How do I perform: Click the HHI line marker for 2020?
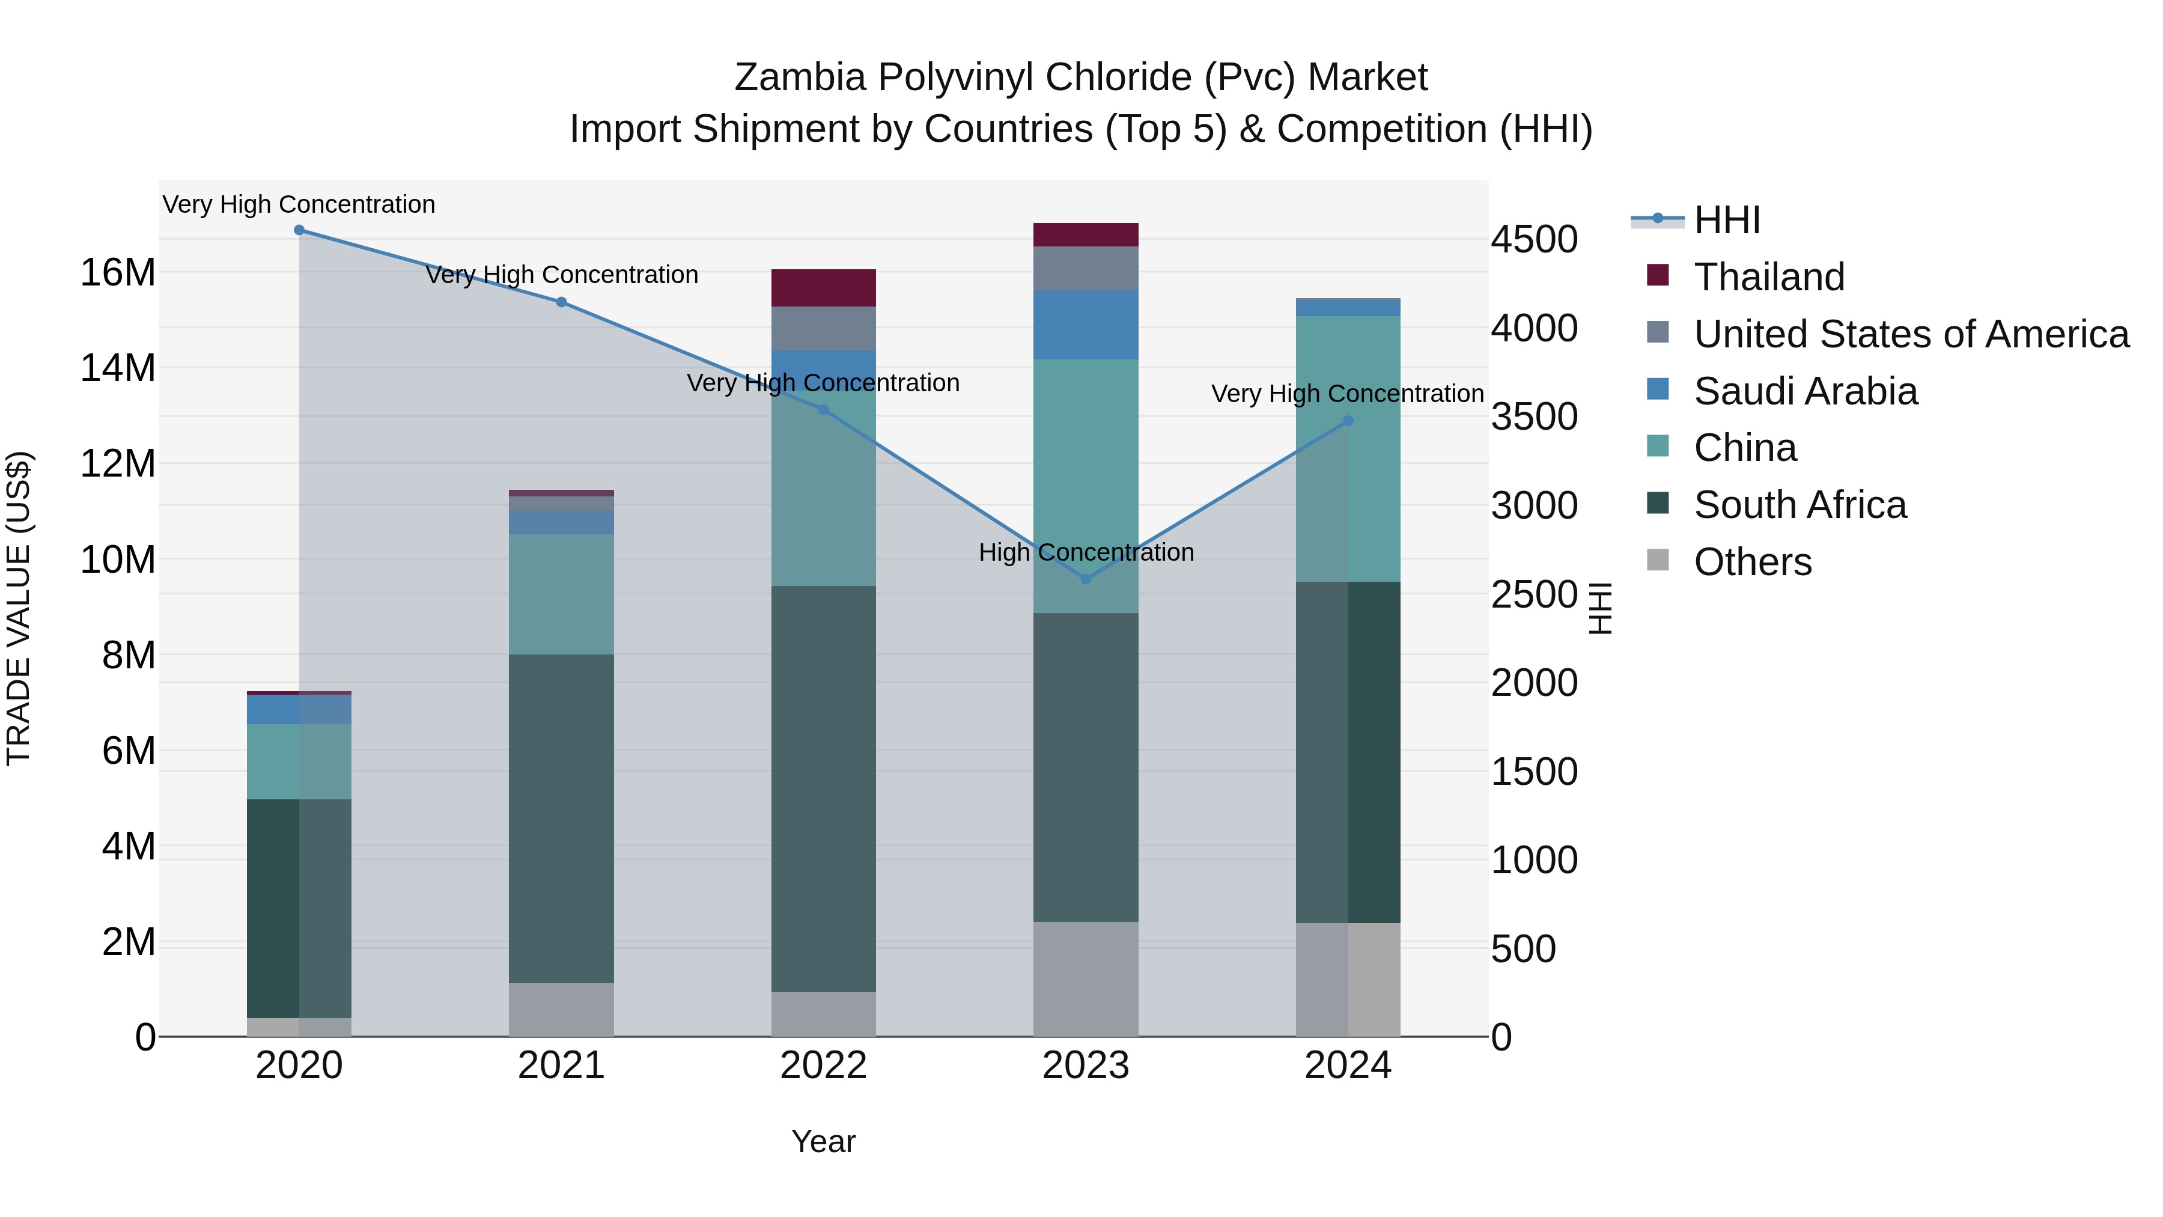click(299, 230)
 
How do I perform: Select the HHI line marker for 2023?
click(1086, 579)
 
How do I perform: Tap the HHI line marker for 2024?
click(1348, 421)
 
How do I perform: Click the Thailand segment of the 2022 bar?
click(823, 288)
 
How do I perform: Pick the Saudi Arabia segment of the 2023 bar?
click(1086, 325)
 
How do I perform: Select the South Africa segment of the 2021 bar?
click(561, 819)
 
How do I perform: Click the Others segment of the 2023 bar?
click(1086, 980)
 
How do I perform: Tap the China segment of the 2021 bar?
click(561, 594)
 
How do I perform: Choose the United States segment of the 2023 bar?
click(1086, 268)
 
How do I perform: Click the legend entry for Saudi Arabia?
click(1806, 391)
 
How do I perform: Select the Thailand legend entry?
click(1769, 277)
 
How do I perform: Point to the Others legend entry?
click(1753, 562)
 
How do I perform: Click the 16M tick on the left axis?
click(118, 273)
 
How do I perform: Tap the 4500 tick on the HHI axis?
click(1534, 239)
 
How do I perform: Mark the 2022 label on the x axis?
click(823, 1066)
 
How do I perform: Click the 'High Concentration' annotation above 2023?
click(1086, 553)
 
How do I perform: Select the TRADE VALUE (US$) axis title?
click(19, 608)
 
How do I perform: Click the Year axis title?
click(823, 1141)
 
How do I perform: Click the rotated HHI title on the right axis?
click(1601, 608)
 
